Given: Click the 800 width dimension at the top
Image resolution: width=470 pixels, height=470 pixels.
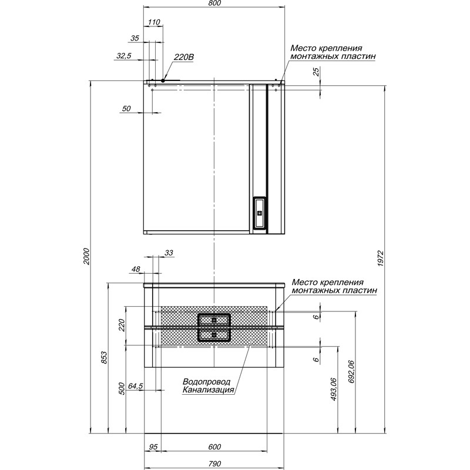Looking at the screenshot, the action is click(214, 4).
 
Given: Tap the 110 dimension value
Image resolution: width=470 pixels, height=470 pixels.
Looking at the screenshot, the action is click(154, 22).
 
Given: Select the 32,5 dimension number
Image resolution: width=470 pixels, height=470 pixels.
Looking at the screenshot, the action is click(124, 56).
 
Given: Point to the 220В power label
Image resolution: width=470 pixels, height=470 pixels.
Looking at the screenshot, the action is click(184, 56).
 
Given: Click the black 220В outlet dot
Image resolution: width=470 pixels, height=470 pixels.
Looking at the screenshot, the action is click(163, 80).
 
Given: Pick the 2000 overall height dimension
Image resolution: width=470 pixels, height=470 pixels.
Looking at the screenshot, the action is click(86, 256).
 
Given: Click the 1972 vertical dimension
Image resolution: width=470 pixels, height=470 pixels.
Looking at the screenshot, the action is click(380, 258).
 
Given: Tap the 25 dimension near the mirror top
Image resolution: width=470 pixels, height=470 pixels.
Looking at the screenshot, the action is click(316, 72).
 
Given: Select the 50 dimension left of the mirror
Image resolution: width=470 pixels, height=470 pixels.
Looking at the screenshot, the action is click(126, 108).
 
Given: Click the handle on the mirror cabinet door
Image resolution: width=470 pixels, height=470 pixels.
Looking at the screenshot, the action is click(260, 213).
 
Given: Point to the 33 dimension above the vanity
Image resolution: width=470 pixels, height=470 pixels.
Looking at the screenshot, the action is click(169, 253).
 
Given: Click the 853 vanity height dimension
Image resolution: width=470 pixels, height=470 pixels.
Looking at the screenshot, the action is click(103, 358).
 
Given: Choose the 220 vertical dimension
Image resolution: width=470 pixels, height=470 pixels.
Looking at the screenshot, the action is click(122, 325).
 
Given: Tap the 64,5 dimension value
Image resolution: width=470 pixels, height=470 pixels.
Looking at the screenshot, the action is click(136, 386).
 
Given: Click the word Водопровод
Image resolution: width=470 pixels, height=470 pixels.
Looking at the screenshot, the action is click(207, 381).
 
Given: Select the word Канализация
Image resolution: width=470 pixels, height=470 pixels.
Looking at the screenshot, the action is click(209, 390).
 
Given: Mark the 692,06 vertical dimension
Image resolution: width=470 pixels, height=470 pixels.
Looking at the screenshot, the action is click(351, 372).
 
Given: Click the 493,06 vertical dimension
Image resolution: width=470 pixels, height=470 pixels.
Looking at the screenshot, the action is click(333, 390).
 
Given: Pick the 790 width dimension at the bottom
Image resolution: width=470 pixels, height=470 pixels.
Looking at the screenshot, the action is click(214, 464).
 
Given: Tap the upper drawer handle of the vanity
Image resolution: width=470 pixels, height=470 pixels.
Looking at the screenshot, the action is click(214, 320).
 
